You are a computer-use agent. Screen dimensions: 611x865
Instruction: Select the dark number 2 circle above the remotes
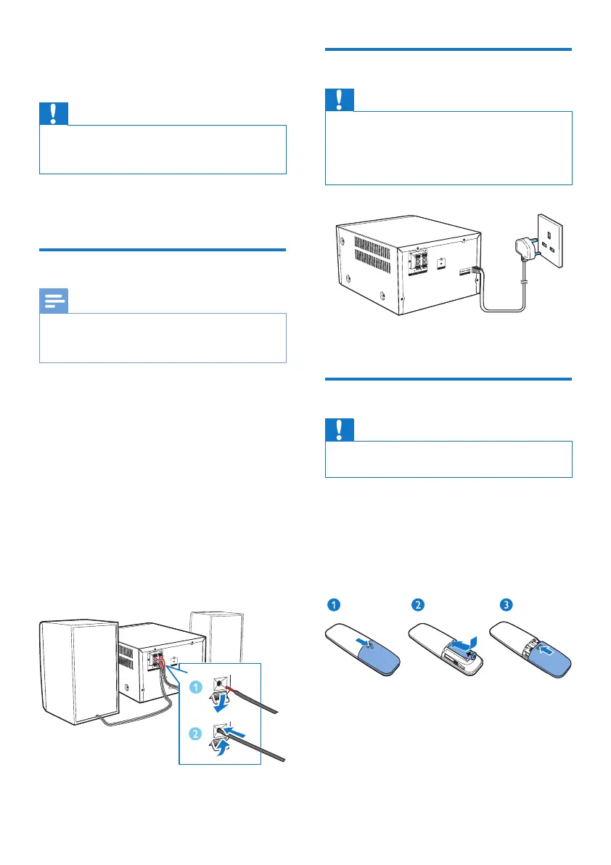coord(419,604)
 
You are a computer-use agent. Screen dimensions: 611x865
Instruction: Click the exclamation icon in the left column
coord(54,113)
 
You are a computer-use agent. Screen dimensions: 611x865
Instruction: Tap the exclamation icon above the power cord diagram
coord(340,100)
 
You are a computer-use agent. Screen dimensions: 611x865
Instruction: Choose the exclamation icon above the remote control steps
coord(340,429)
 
